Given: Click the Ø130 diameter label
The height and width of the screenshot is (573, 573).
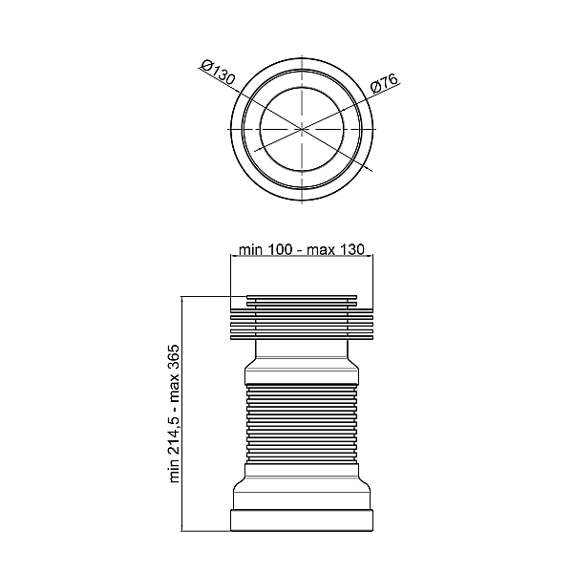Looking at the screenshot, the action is pos(218,74).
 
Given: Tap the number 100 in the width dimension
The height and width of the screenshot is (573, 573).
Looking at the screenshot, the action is pos(280,249).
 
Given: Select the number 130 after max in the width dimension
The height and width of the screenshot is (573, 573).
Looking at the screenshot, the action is pos(352,249).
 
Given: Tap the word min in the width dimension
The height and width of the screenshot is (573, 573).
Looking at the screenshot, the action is pos(250,250).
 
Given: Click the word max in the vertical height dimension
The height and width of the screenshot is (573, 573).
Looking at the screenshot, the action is pos(175,390).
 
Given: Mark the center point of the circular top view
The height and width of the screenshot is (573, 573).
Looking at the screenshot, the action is pos(302,129).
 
